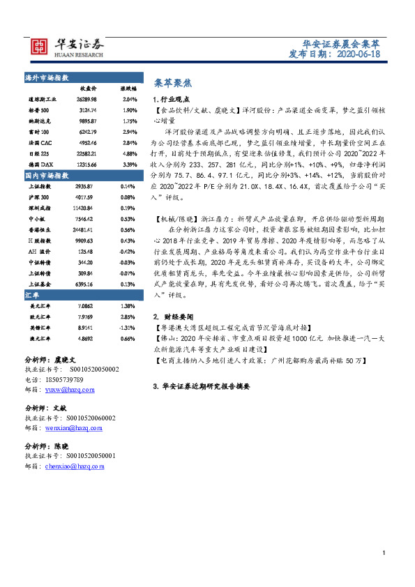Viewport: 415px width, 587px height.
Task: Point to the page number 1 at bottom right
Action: pos(384,553)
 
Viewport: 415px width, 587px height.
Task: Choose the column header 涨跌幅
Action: pos(129,89)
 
